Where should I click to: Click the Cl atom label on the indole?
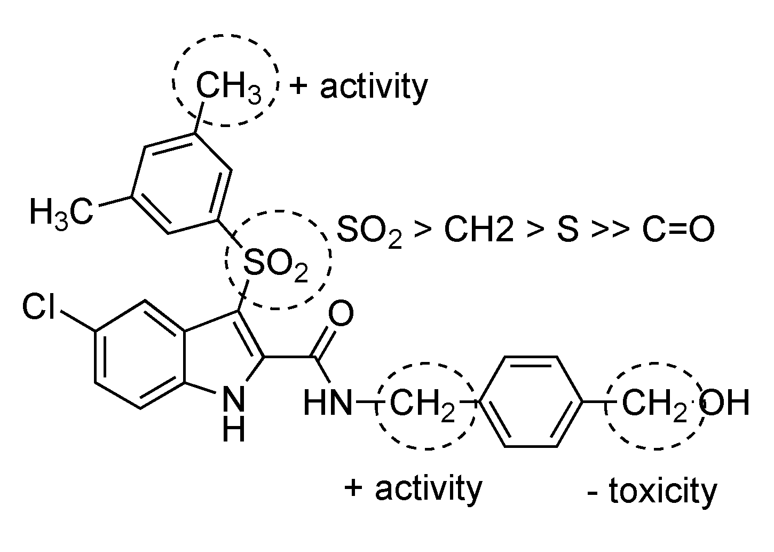click(38, 309)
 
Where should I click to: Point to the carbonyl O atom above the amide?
click(341, 313)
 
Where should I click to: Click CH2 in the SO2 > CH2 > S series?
click(478, 230)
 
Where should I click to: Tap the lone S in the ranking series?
click(567, 230)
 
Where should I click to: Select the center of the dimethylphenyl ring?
click(181, 183)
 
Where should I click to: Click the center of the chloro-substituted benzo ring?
click(140, 355)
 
